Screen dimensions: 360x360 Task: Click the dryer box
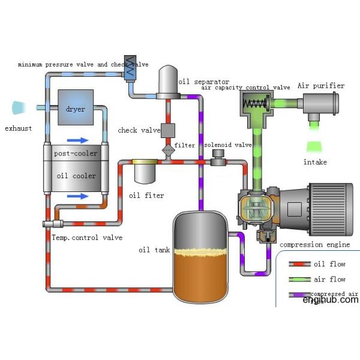76,107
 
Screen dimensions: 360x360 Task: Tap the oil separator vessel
169,84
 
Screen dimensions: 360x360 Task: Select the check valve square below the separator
168,130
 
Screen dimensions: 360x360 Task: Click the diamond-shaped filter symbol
168,148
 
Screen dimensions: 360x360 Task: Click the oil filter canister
145,172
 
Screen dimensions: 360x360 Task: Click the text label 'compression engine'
312,245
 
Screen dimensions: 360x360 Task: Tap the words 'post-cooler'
76,154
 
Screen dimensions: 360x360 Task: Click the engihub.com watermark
330,299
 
